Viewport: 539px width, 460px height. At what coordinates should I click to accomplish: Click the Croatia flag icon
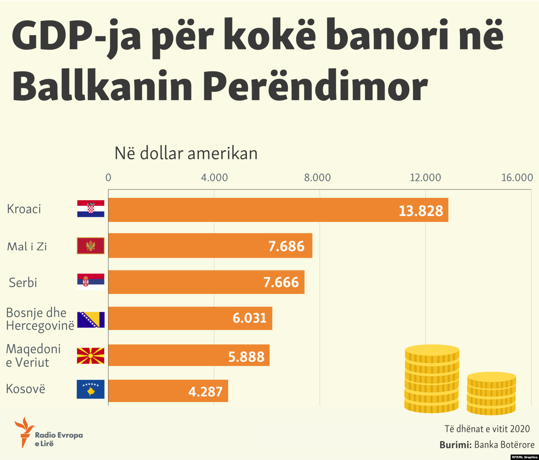[x=91, y=208]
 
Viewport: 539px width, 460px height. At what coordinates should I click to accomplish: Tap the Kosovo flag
[x=91, y=389]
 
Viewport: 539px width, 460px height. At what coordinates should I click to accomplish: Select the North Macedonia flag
[x=91, y=356]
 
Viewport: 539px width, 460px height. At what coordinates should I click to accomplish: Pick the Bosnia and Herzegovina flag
[x=91, y=320]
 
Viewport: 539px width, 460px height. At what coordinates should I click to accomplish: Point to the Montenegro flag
[x=91, y=245]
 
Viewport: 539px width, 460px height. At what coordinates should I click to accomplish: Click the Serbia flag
[x=91, y=282]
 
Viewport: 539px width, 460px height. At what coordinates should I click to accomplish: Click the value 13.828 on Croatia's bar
[x=421, y=211]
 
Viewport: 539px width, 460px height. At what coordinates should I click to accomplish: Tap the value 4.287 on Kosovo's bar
[x=205, y=392]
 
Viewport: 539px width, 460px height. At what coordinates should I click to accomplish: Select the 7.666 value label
[x=281, y=282]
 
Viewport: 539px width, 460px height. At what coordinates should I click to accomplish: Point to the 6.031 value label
[x=249, y=318]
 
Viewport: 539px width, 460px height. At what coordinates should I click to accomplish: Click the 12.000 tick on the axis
[x=425, y=177]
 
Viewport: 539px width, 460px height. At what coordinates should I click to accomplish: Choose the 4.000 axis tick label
[x=214, y=177]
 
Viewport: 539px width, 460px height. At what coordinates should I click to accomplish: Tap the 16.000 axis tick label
[x=517, y=177]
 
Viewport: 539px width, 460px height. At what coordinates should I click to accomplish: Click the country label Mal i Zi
[x=27, y=247]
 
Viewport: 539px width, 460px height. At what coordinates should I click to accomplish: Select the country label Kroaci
[x=24, y=209]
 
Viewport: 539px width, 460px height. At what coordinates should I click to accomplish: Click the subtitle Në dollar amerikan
[x=186, y=154]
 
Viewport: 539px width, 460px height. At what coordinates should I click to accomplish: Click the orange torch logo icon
[x=24, y=432]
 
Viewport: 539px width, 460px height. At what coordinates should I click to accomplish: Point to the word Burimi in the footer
[x=455, y=445]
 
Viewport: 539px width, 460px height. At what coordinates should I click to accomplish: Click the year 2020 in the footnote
[x=520, y=429]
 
